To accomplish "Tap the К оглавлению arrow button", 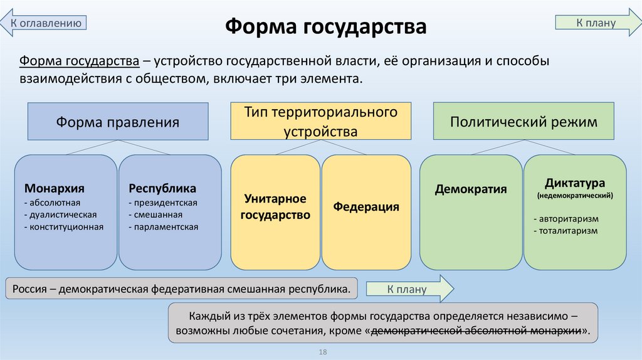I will coord(45,23).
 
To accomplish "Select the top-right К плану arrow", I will coord(596,23).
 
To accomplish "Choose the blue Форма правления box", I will coord(118,122).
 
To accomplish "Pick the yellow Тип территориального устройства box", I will coord(321,122).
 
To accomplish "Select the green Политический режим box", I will coord(524,122).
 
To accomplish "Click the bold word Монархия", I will coord(55,188).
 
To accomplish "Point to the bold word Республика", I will coord(162,188).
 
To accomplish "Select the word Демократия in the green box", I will coord(471,189).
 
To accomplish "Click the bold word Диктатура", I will coord(574,184).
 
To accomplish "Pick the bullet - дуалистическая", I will coord(60,214).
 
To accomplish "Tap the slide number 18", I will coord(324,352).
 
